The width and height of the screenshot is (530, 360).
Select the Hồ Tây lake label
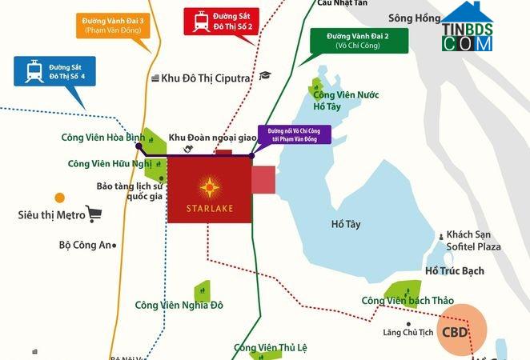point(345,225)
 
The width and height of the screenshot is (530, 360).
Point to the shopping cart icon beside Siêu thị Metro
point(94,214)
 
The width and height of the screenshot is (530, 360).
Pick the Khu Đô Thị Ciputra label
point(206,78)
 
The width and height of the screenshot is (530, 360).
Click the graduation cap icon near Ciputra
point(266,76)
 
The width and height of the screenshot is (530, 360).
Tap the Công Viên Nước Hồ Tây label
point(346,100)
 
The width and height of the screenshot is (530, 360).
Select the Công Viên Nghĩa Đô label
point(179,305)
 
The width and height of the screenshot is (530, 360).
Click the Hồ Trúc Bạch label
point(455,270)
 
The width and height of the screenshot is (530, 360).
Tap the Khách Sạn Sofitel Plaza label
point(473,240)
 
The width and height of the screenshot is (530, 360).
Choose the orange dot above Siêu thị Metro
point(59,198)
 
